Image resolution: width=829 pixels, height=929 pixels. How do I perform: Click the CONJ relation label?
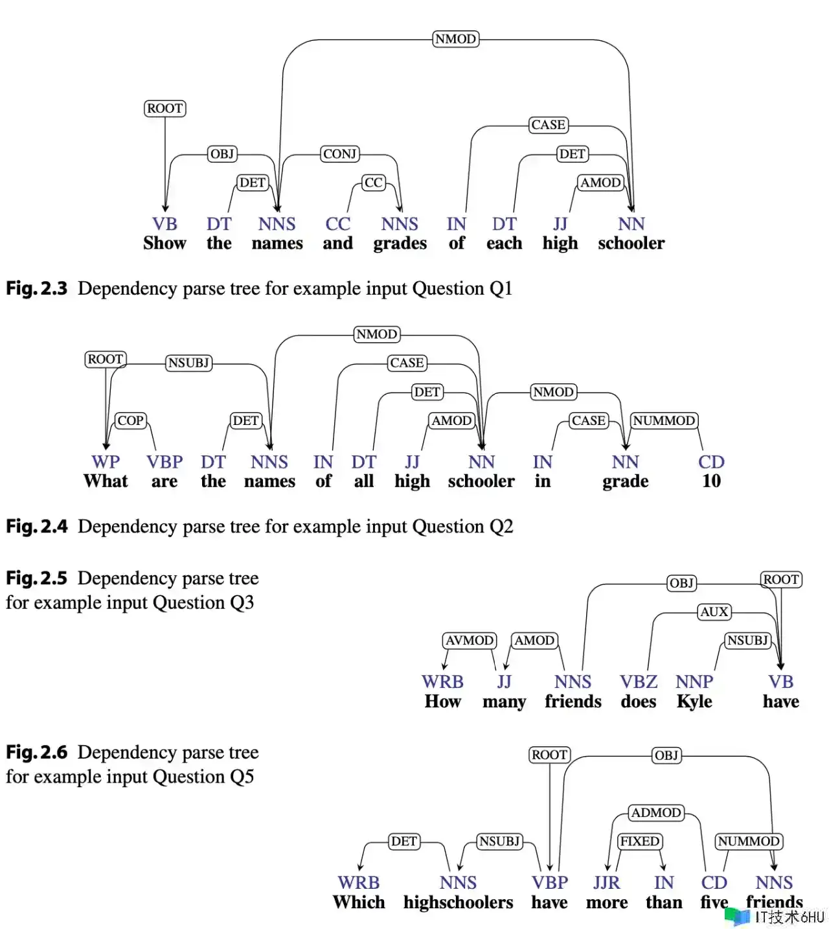pyautogui.click(x=339, y=154)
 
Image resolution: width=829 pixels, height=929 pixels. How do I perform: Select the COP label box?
pyautogui.click(x=131, y=420)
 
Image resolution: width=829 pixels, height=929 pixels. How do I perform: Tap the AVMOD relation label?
pyautogui.click(x=470, y=639)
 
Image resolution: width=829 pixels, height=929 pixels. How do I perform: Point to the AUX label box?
pyautogui.click(x=714, y=611)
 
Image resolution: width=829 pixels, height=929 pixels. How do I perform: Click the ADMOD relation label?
pyautogui.click(x=655, y=812)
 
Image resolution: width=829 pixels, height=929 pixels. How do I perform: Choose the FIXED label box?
pyautogui.click(x=640, y=841)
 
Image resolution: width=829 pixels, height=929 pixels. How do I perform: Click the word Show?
pyautogui.click(x=165, y=243)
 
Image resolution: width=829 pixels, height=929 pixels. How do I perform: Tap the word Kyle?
pyautogui.click(x=694, y=702)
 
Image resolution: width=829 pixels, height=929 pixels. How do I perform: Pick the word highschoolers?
pyautogui.click(x=458, y=902)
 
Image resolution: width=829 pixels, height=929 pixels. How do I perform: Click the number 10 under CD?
pyautogui.click(x=711, y=481)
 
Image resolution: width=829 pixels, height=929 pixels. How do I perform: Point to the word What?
pyautogui.click(x=106, y=481)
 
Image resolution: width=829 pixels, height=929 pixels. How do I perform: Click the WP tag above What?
pyautogui.click(x=106, y=462)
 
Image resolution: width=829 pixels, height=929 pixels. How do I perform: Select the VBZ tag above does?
pyautogui.click(x=639, y=682)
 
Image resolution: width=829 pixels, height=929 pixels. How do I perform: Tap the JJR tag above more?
pyautogui.click(x=607, y=883)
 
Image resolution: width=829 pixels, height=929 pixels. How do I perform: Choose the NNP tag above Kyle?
pyautogui.click(x=694, y=682)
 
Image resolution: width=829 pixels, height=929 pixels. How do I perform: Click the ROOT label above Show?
pyautogui.click(x=165, y=108)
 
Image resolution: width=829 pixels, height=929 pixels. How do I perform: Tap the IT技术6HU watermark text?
pyautogui.click(x=789, y=917)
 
